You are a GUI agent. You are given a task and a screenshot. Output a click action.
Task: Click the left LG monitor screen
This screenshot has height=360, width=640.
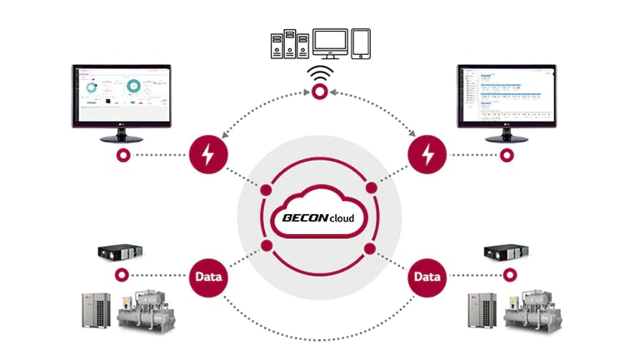[x=122, y=96]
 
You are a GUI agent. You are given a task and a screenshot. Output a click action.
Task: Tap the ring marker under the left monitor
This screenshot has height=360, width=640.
[x=123, y=155]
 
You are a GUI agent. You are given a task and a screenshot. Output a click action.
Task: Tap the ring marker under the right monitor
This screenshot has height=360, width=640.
[x=507, y=155]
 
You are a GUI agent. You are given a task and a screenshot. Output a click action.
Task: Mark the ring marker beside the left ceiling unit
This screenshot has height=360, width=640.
[x=123, y=276]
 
